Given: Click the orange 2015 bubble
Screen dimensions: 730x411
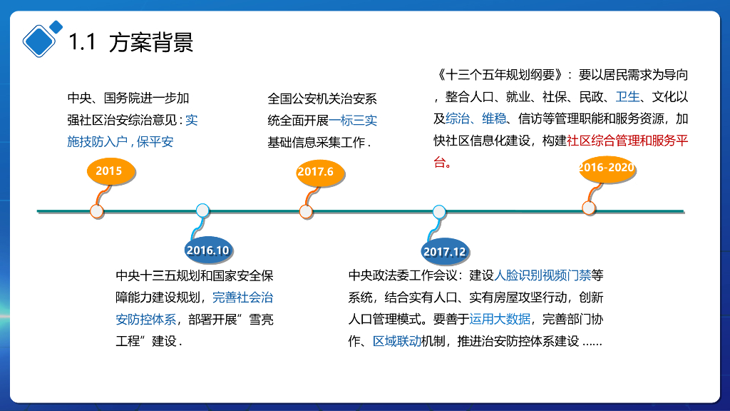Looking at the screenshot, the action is tap(108, 171).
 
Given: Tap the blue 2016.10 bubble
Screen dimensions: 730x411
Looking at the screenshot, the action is tap(207, 250).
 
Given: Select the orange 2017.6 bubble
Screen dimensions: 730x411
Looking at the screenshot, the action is tap(315, 172).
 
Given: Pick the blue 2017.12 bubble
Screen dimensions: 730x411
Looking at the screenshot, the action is tap(444, 251).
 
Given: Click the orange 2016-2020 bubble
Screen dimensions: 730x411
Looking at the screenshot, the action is tap(606, 168).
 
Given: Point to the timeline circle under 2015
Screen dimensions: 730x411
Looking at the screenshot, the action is tap(97, 211).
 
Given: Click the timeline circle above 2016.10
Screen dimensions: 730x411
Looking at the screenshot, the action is tap(202, 210).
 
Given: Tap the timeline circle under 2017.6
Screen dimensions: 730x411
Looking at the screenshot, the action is tap(306, 211).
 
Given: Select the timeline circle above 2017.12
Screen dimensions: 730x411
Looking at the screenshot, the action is tap(439, 211).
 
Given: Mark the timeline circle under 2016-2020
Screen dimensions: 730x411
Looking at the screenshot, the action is tap(589, 208).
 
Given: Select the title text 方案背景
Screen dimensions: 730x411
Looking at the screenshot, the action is tap(151, 43).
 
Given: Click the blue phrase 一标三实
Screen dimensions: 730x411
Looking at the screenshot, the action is tap(359, 121).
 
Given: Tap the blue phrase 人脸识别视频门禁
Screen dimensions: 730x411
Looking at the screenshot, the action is tap(543, 275).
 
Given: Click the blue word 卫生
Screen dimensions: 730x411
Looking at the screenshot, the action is tap(628, 96).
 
